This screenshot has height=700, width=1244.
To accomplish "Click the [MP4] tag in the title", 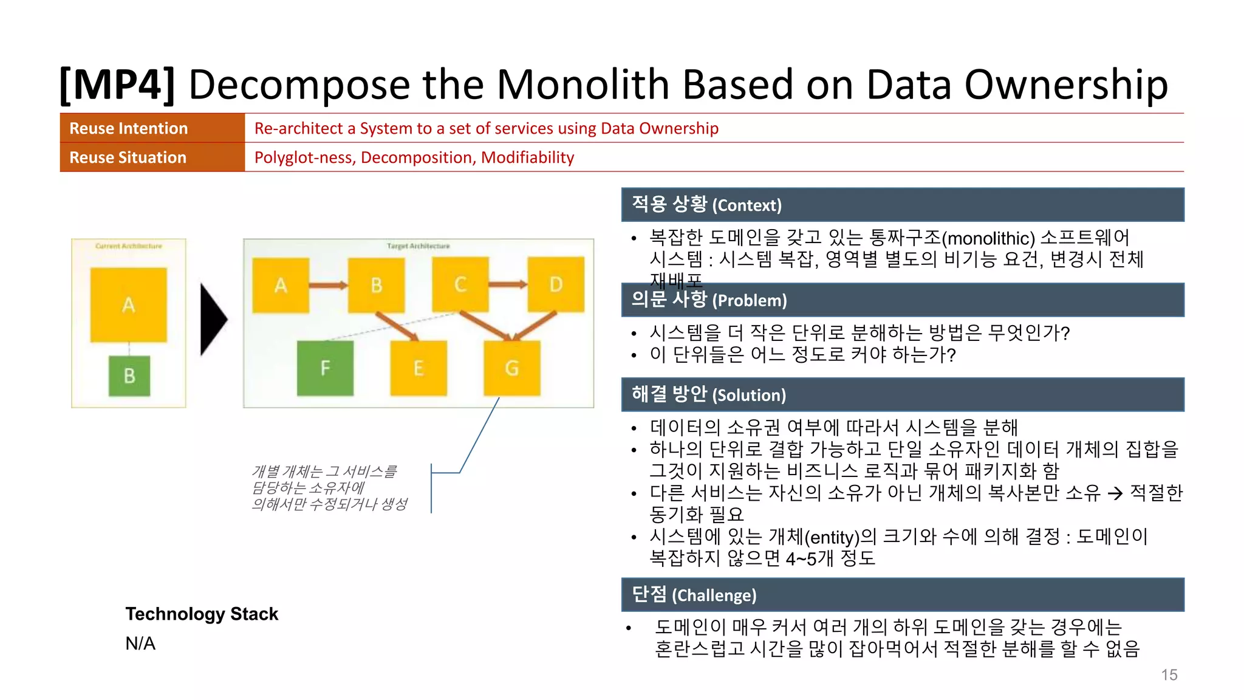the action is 117,84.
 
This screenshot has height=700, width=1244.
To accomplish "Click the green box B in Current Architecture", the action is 129,376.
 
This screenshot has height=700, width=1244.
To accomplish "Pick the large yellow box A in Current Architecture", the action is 128,304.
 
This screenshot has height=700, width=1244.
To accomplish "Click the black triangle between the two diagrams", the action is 213,319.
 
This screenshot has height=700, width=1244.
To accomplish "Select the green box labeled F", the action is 325,368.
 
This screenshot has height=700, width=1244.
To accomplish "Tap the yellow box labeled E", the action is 419,368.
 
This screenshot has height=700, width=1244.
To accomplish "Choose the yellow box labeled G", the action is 512,368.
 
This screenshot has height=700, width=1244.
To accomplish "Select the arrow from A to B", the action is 328,285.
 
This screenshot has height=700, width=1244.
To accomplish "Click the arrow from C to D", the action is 508,284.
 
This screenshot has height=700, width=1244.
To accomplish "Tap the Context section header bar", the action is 903,205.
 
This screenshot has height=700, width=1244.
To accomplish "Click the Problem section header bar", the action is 903,300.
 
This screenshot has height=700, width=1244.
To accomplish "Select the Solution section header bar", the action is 903,395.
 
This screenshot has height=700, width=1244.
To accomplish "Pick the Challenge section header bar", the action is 903,595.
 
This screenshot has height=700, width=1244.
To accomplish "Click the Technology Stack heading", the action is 202,614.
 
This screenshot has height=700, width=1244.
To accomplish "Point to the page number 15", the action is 1169,674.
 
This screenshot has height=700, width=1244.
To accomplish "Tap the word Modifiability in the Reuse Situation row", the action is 527,158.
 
